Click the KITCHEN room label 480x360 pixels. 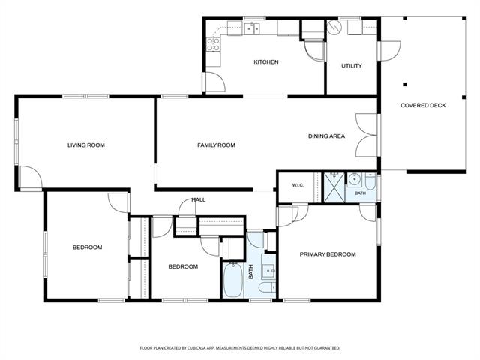tap(266, 61)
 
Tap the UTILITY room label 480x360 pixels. tap(352, 65)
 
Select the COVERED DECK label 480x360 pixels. tap(423, 105)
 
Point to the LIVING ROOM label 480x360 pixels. tap(86, 145)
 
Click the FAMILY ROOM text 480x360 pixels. tap(216, 145)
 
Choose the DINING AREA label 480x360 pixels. tap(326, 136)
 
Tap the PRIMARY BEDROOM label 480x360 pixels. tap(328, 254)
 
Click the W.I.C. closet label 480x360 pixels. tap(298, 185)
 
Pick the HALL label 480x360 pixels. tap(198, 200)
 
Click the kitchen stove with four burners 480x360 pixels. tap(213, 44)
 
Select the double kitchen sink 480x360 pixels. tap(252, 28)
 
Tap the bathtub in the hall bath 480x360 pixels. tap(232, 280)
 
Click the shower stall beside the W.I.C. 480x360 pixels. tap(334, 187)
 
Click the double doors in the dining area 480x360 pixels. tap(367, 135)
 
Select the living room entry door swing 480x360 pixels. tap(31, 178)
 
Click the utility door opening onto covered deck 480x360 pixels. tap(390, 50)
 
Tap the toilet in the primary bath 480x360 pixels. tap(370, 181)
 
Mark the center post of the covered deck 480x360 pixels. tap(405, 84)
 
